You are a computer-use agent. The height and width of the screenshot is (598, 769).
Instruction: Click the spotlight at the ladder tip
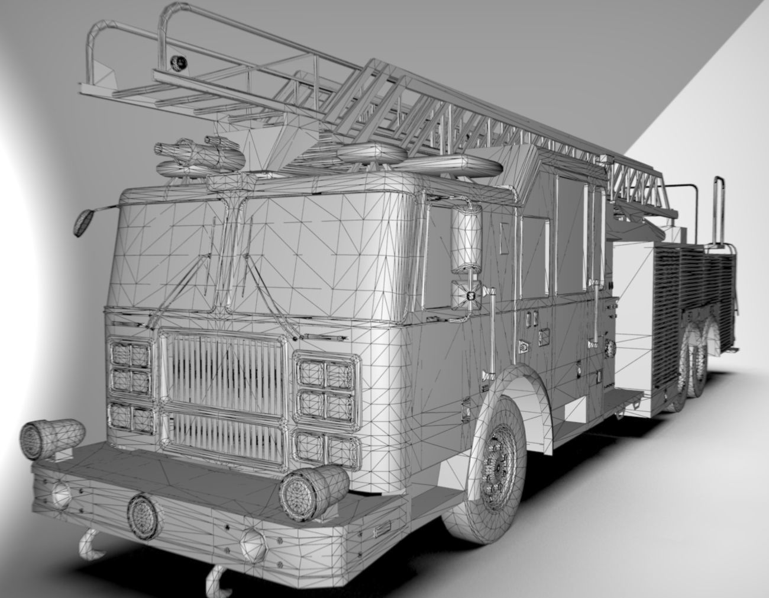(177, 61)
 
